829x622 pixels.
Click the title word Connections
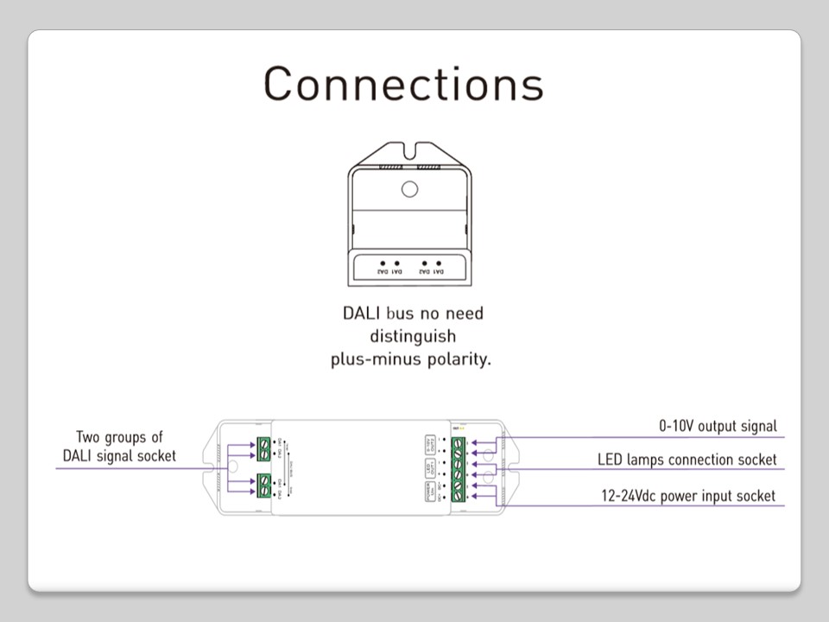403,84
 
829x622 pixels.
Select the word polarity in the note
459,359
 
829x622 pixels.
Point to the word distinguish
412,335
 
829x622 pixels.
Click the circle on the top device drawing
409,189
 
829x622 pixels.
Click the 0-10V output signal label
718,426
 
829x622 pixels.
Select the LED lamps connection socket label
687,460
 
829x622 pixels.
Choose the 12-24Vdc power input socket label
688,496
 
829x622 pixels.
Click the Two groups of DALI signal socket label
119,446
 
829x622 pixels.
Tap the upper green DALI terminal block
263,448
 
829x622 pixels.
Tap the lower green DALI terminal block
263,486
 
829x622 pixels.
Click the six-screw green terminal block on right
458,469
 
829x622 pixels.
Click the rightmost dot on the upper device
440,262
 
